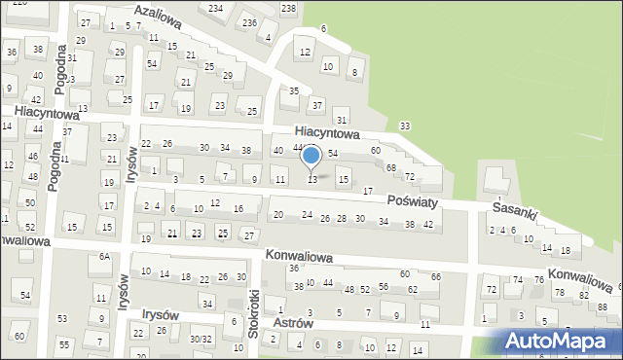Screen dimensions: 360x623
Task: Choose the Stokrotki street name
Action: [254, 311]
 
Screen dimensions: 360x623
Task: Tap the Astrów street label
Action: [292, 323]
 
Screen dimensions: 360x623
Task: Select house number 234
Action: [215, 8]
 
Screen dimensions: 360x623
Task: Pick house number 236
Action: [249, 22]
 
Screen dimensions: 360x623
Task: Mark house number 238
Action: [288, 8]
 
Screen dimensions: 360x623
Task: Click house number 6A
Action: [103, 256]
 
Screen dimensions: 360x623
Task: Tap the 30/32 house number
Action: [201, 339]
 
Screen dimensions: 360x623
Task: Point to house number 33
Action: [404, 126]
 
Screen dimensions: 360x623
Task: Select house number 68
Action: [390, 168]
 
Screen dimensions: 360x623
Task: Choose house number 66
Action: [435, 276]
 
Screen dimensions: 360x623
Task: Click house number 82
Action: [584, 295]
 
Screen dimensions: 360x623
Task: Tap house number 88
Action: [603, 307]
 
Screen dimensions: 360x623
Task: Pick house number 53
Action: [62, 318]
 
